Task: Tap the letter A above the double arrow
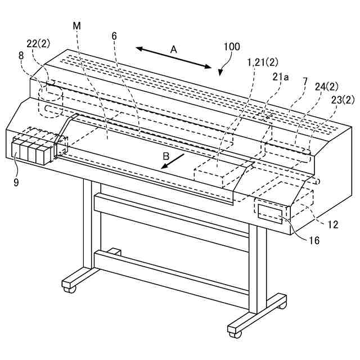pos(174,49)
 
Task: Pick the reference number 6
pos(114,35)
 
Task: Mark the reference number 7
pos(305,82)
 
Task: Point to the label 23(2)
pos(343,100)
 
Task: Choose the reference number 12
pos(333,224)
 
